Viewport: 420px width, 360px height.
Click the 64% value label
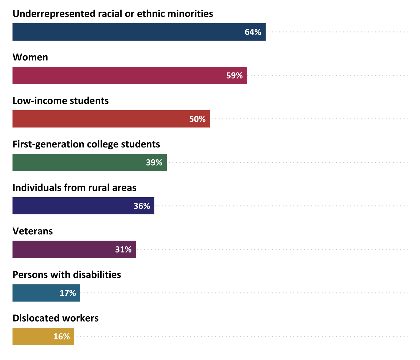coord(253,32)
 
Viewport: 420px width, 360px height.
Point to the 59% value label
coord(234,75)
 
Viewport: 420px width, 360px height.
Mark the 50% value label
coord(197,119)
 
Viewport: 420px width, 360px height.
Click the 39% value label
coord(154,162)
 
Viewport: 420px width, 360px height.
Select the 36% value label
coord(142,206)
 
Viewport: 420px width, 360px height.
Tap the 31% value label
coord(123,249)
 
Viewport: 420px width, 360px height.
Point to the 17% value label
coord(68,293)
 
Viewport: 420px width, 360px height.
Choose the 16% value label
coord(62,336)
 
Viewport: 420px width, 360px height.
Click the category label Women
coord(30,57)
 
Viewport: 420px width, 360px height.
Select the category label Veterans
coord(32,231)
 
